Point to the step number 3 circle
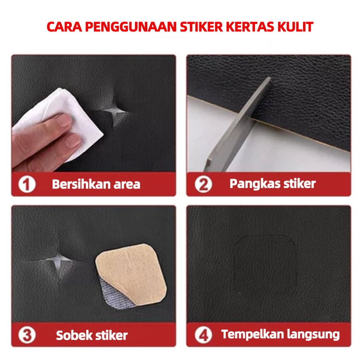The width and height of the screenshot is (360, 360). coord(27,335)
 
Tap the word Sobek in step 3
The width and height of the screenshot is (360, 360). coord(73,335)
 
